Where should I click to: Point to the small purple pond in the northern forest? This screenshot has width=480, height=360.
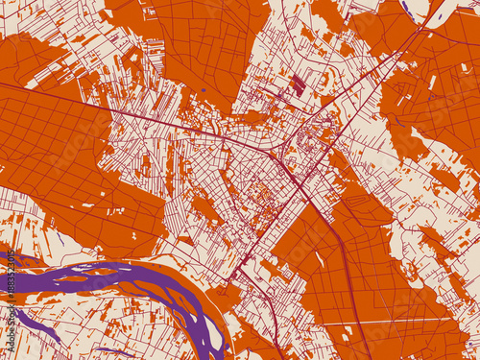coord(203,90)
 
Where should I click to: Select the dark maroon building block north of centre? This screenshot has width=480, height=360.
coord(298,85)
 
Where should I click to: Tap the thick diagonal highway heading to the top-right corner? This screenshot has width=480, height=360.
coord(403,43)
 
